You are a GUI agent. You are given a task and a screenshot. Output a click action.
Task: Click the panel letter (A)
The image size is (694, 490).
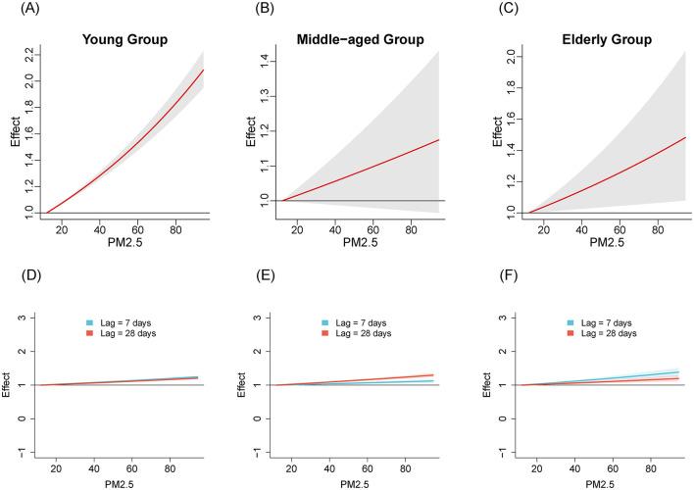tap(17, 12)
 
